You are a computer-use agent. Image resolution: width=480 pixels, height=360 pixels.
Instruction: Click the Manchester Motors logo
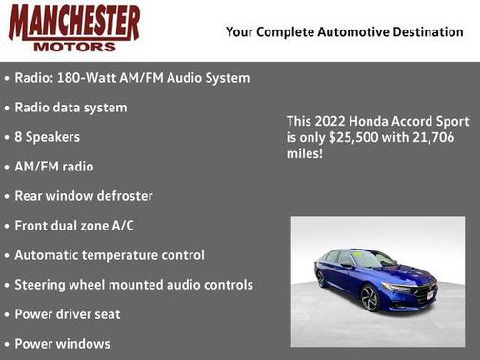click(74, 28)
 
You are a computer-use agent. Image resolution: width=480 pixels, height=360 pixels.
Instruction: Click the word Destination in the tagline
click(424, 32)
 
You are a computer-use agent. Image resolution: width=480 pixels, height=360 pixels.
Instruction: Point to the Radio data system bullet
click(70, 108)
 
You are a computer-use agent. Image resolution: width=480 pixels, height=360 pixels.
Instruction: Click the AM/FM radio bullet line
click(54, 167)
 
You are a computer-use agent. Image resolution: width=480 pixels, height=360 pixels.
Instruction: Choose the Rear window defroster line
click(84, 196)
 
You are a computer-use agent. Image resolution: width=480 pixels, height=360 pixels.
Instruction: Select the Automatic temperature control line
click(110, 255)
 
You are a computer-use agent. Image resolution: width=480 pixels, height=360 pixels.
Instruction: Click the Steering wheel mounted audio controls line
click(133, 285)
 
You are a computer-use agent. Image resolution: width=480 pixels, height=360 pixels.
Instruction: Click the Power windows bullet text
click(63, 343)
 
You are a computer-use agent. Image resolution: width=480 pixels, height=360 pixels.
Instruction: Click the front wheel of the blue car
click(370, 298)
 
